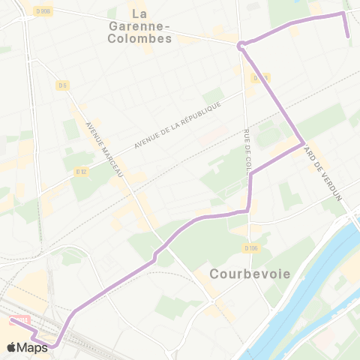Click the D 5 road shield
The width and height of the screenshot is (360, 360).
click(62, 85)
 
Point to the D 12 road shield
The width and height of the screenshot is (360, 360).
click(82, 172)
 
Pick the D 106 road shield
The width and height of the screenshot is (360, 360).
click(250, 247)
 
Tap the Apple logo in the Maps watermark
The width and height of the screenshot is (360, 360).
click(11, 347)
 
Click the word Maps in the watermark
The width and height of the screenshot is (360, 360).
click(32, 347)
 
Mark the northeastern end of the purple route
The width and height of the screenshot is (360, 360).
click(348, 36)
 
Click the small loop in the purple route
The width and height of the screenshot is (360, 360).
click(241, 46)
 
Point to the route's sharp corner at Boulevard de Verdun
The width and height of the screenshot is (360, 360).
click(302, 142)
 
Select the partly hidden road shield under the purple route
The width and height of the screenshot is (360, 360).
click(259, 77)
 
